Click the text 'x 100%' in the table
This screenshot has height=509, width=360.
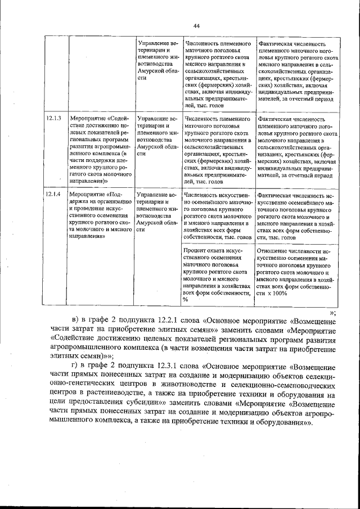pyautogui.click(x=276, y=293)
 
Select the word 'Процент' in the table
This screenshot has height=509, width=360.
pyautogui.click(x=196, y=250)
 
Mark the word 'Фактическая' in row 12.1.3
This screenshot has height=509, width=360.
pyautogui.click(x=274, y=119)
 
